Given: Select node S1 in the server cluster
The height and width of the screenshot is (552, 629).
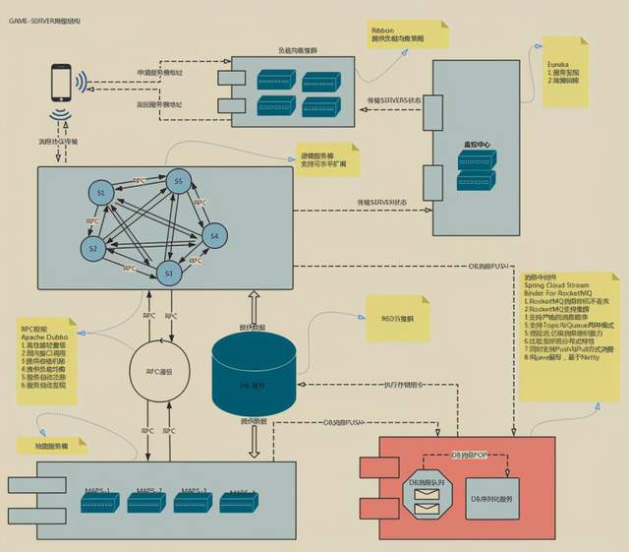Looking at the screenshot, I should (x=100, y=193).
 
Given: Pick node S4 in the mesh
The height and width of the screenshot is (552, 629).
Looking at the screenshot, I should (x=210, y=236).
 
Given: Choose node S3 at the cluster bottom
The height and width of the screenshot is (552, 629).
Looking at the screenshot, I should (x=169, y=273).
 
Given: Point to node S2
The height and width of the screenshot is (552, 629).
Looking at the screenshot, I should (x=93, y=248).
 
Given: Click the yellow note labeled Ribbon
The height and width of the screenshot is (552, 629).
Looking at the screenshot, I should (x=407, y=35).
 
